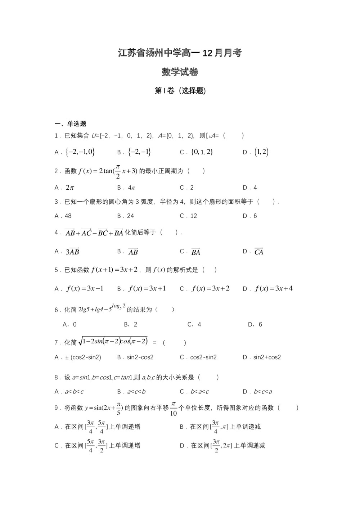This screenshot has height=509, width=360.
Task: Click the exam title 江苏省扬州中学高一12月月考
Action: pos(180,53)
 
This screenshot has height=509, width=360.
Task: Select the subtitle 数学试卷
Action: pos(180,72)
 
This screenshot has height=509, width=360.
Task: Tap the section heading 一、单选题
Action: pos(70,124)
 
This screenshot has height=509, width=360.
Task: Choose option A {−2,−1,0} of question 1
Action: pos(80,152)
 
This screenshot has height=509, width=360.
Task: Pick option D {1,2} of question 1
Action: pos(261,152)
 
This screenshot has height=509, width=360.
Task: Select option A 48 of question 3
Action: pos(68,216)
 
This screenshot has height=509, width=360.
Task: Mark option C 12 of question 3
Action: pos(193,216)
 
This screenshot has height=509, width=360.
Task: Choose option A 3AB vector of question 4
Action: pos(72,252)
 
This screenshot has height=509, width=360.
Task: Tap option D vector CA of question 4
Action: pos(258,252)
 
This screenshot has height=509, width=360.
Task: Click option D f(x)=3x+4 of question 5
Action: pos(274,289)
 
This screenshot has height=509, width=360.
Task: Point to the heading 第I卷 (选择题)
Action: pos(180,91)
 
